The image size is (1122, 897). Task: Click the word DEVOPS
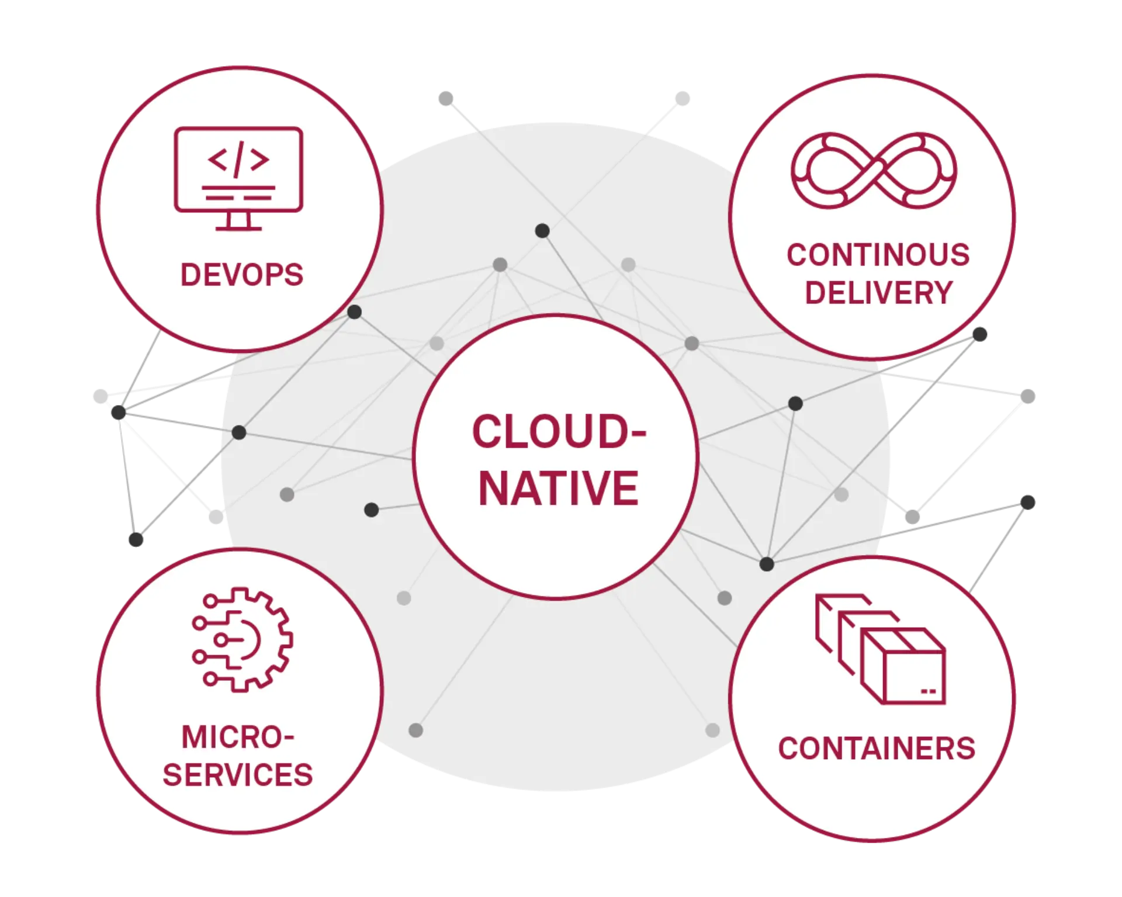(x=241, y=275)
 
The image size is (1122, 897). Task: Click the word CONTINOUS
(x=878, y=255)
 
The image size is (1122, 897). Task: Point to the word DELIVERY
(x=879, y=292)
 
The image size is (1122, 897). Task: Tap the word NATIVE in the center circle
(x=558, y=488)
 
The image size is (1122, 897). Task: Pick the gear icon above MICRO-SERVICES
(x=243, y=640)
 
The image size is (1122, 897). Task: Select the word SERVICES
(x=238, y=774)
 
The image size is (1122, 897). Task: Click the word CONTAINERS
(x=877, y=749)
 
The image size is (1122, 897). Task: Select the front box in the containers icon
(x=903, y=666)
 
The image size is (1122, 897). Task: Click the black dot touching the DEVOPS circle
(x=354, y=312)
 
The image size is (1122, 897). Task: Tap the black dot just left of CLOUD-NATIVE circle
(x=371, y=510)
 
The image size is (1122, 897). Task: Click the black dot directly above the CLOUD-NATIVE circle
(x=542, y=231)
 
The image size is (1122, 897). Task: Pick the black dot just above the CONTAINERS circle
(x=766, y=564)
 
